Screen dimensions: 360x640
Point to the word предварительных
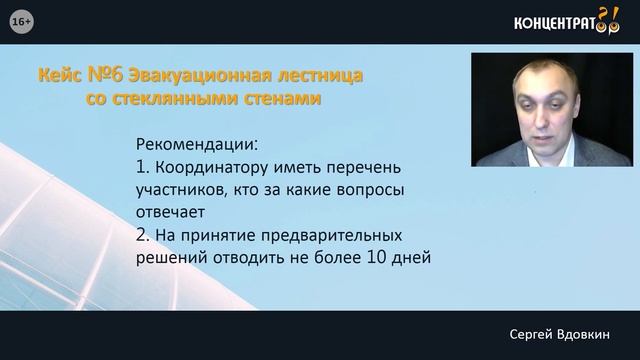(x=332, y=236)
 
